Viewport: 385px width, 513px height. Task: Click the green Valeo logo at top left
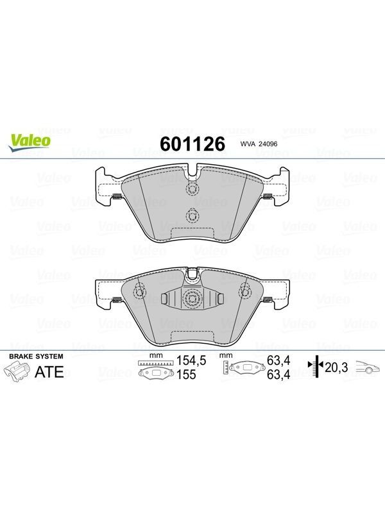point(30,142)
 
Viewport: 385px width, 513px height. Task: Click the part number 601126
point(193,144)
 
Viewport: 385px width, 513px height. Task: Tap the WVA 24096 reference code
point(259,144)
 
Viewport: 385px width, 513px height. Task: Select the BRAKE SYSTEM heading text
point(36,357)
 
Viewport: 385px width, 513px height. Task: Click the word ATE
point(49,372)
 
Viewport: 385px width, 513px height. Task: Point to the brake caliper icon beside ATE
point(17,373)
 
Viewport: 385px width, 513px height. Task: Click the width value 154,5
point(191,360)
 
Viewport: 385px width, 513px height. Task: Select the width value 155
point(186,374)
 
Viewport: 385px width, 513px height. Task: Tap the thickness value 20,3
point(336,367)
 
